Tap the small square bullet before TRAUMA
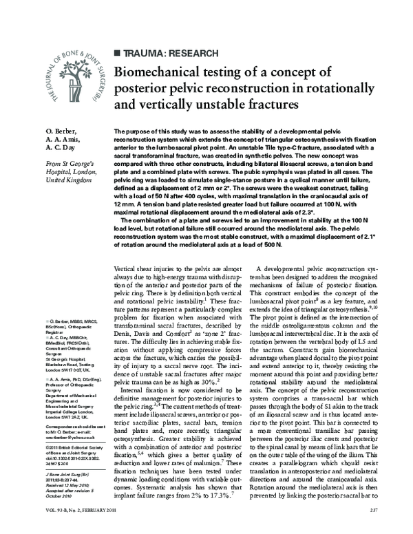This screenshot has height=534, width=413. pos(116,52)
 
